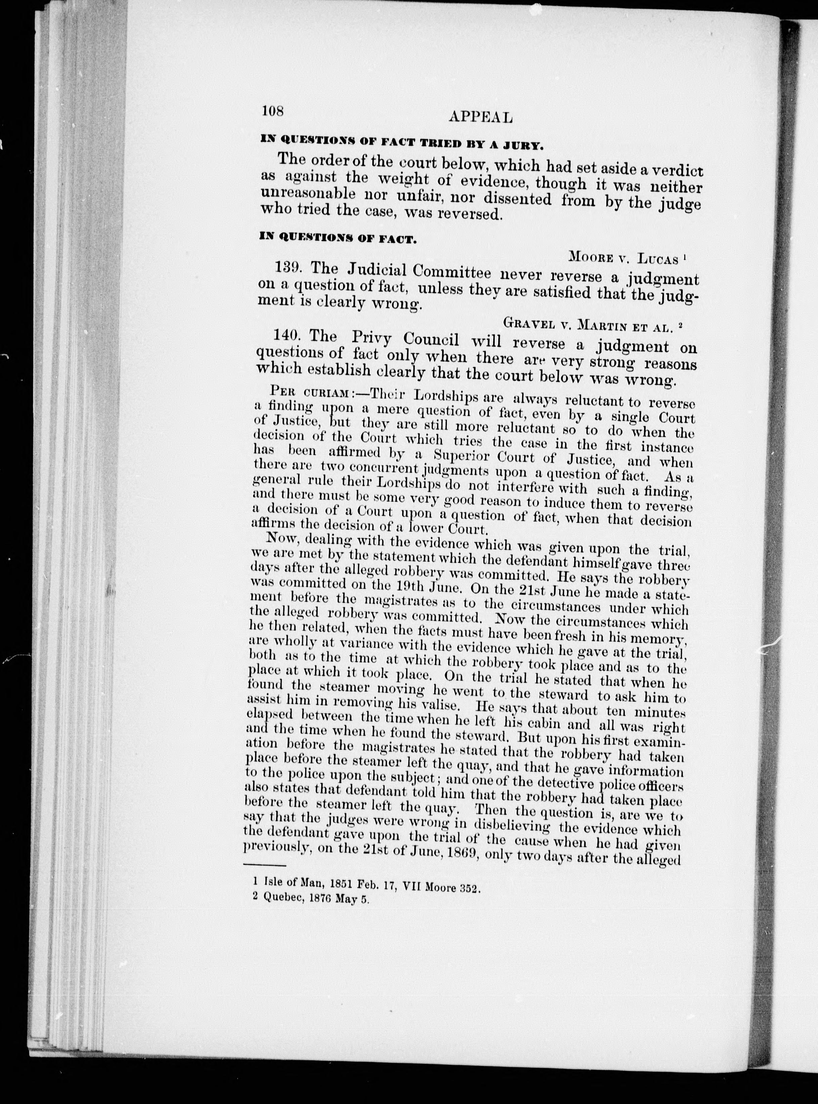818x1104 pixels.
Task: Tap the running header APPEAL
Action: click(x=480, y=117)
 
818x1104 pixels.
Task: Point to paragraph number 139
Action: click(x=288, y=268)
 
